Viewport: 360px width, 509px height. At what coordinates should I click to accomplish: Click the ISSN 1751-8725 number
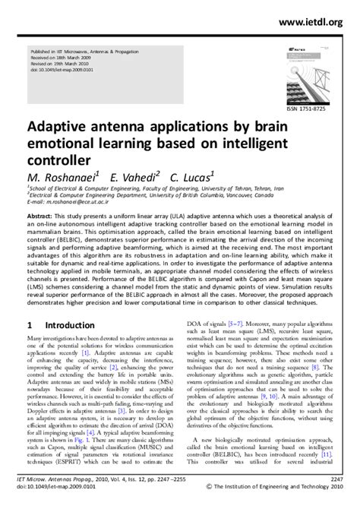coord(314,109)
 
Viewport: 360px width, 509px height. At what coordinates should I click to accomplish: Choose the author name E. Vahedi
coord(135,175)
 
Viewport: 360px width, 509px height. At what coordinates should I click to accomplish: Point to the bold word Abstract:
coord(43,217)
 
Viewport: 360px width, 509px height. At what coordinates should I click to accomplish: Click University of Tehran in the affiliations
coord(245,188)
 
